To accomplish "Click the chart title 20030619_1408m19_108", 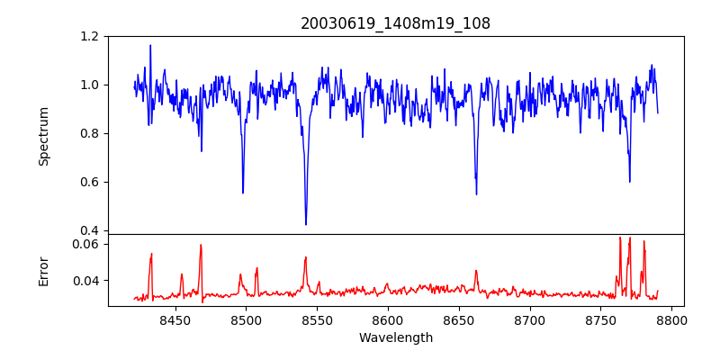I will (x=395, y=23).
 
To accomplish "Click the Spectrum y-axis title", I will (x=43, y=136).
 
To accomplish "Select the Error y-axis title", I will (x=43, y=270).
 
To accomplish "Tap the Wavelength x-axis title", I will (x=395, y=338).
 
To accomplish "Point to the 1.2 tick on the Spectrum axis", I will (x=89, y=36).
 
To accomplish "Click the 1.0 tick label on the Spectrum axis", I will (x=89, y=85).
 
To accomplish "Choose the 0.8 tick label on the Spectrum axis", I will (x=89, y=133).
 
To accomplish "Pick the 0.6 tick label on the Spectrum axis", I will (x=89, y=182).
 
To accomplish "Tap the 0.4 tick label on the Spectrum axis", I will (x=89, y=230).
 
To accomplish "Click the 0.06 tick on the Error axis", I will (x=85, y=244).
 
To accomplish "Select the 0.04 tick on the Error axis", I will (x=85, y=281).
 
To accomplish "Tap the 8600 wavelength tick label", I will (x=387, y=320).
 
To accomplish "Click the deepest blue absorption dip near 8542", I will (x=306, y=224).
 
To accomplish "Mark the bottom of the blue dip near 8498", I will (x=243, y=193).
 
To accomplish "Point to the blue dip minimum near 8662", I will (x=476, y=193).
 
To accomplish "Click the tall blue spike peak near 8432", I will (x=150, y=45).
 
